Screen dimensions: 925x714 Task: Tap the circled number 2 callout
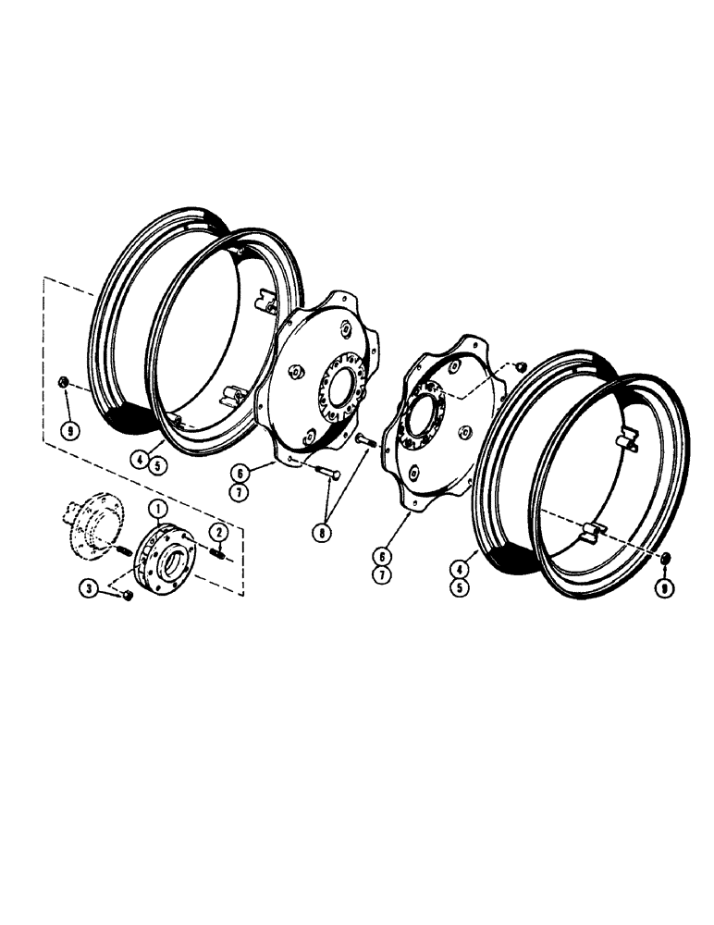point(219,531)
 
